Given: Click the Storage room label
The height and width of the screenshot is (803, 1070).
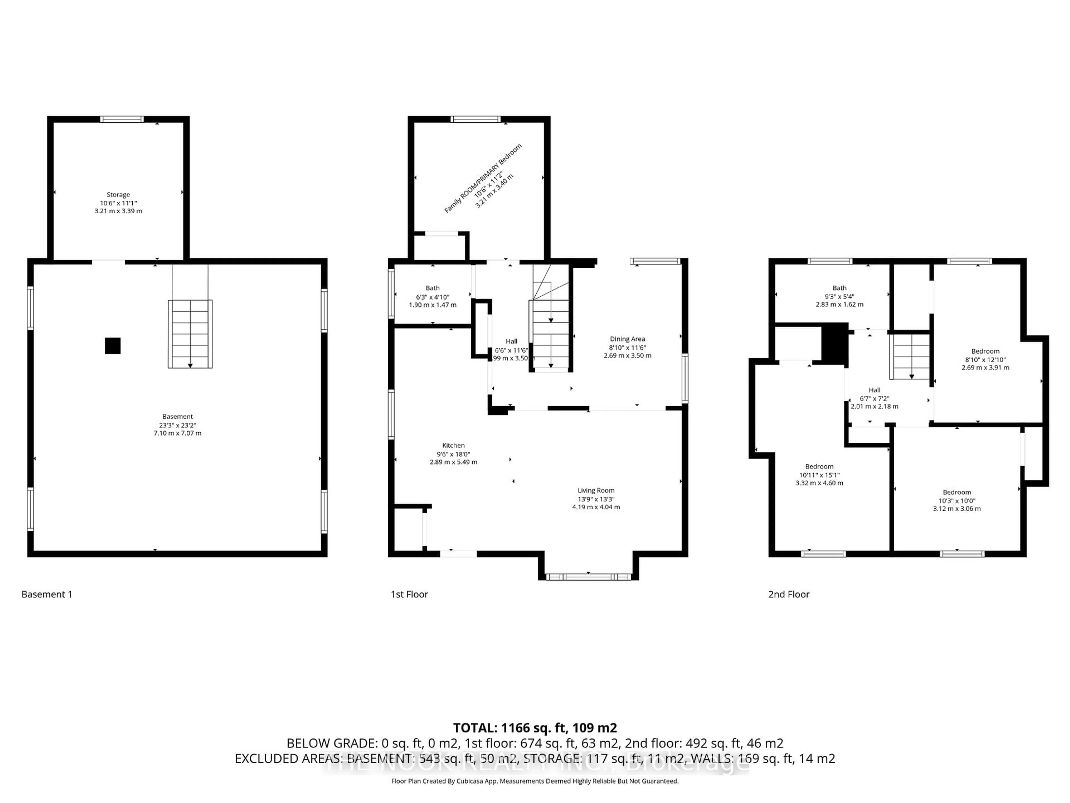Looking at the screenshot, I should (x=118, y=195).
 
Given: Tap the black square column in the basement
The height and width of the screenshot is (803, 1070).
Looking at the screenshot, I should (x=113, y=345).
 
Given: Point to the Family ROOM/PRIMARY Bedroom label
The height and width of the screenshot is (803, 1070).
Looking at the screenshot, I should (x=483, y=178).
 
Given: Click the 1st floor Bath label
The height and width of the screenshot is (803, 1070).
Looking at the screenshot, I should (x=432, y=288).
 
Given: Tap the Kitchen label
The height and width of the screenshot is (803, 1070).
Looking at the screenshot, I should (x=453, y=445).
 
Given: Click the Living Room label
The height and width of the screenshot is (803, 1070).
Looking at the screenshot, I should (x=596, y=490).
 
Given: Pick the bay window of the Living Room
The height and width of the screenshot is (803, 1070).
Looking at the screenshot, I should (x=588, y=577).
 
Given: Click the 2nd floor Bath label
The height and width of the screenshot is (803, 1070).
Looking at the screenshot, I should (x=839, y=288).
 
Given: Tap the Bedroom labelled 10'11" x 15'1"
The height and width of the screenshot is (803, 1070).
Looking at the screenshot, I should (x=819, y=466).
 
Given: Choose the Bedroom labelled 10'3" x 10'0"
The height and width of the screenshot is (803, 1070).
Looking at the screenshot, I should (x=956, y=492).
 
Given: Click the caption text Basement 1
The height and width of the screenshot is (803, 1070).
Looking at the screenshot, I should (x=47, y=594).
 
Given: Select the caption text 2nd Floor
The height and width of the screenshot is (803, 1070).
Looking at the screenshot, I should (x=789, y=594).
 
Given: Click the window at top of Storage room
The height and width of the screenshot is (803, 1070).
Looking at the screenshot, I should (x=122, y=119).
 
